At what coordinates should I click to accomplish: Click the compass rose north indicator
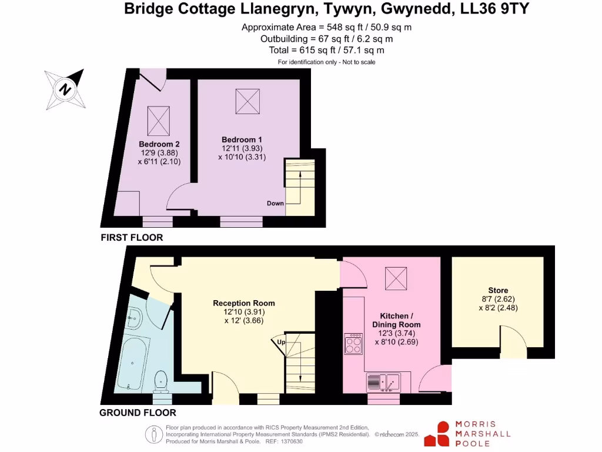65,90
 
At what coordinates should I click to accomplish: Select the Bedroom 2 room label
159,144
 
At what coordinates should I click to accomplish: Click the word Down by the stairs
275,204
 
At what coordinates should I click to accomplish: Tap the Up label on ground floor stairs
281,342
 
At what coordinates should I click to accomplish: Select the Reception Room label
243,304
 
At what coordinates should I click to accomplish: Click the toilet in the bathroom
160,381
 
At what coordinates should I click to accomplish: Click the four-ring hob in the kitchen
354,344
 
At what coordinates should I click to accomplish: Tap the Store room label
498,291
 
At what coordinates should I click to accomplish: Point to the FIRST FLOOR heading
132,238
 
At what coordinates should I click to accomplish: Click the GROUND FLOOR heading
138,413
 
